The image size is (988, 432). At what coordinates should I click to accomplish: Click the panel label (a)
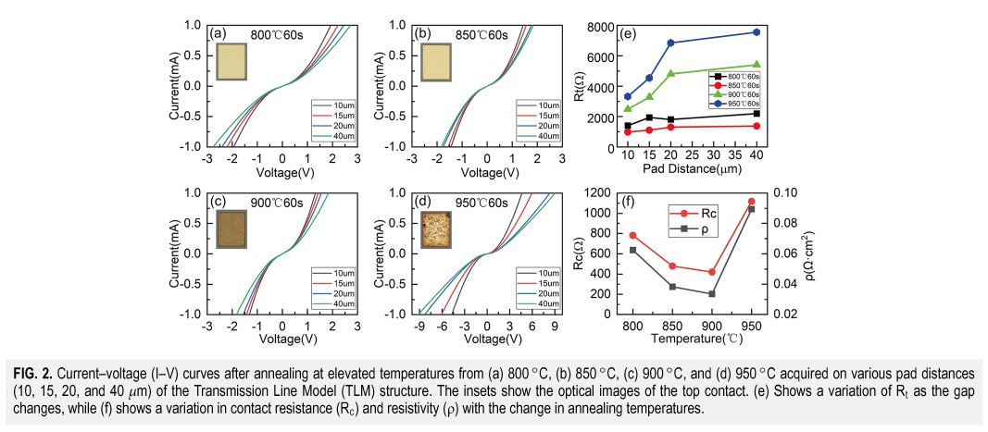pos(218,34)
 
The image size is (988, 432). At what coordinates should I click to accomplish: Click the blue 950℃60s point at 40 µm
pos(757,32)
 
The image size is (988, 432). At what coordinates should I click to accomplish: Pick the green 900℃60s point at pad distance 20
pos(670,73)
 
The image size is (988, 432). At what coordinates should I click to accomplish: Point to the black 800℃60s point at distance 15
pos(649,117)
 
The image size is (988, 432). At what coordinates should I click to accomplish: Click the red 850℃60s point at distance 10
pos(628,131)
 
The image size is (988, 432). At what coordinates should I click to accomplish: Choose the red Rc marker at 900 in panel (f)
pos(711,272)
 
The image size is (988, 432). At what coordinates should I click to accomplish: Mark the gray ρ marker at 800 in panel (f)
pos(633,250)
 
